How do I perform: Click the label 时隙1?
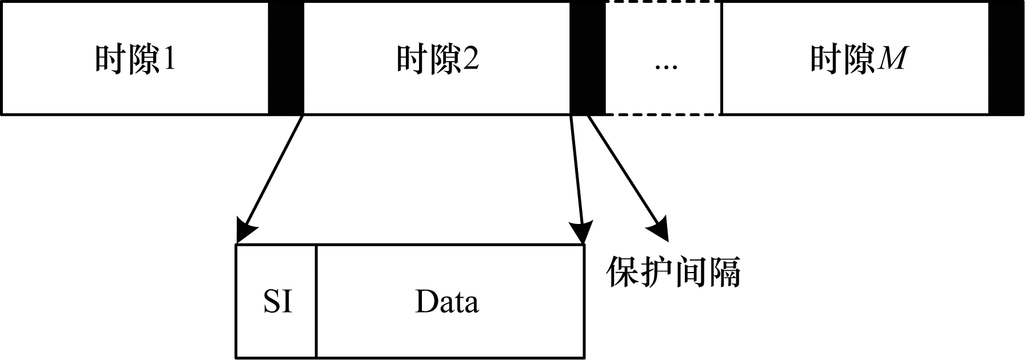click(135, 59)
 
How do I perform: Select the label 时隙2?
click(437, 59)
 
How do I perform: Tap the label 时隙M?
click(858, 59)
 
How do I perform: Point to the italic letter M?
click(891, 59)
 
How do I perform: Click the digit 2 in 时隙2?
click(470, 59)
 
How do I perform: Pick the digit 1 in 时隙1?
click(168, 59)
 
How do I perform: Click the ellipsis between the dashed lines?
click(665, 66)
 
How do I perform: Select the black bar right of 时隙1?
click(286, 58)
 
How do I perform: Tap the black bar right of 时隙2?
click(588, 58)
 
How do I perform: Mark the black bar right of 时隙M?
click(1006, 58)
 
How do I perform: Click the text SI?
click(278, 301)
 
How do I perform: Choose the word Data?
click(446, 301)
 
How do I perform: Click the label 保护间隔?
click(673, 271)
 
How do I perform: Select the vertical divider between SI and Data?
click(316, 301)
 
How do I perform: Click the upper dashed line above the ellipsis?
click(663, 2)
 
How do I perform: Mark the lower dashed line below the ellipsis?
click(663, 114)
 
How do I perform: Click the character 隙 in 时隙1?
click(143, 59)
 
